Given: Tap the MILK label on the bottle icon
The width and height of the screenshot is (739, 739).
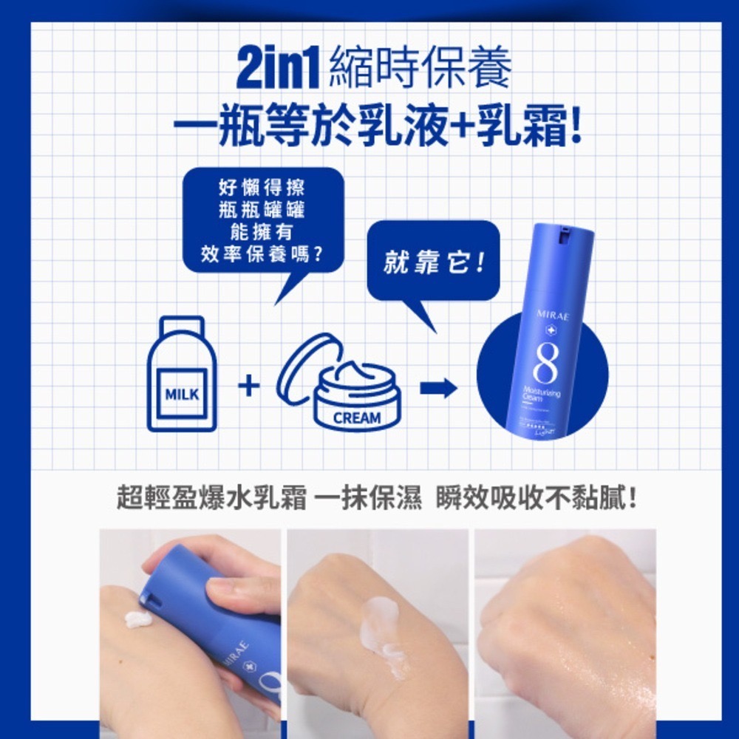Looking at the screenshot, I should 182,394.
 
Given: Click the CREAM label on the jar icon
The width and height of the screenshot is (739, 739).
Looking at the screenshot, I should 357,418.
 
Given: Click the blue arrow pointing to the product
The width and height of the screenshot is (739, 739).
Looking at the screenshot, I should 438,389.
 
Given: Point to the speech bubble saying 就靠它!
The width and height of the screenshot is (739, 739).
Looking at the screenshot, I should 433,263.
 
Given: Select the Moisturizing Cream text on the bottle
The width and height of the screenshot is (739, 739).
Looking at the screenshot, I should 541,395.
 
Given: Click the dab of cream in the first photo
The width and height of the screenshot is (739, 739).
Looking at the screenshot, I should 137,619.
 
